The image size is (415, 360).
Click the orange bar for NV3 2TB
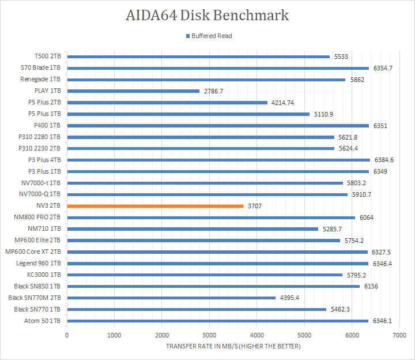155,206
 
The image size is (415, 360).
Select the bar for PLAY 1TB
133,91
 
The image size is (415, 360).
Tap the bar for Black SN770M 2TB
171,298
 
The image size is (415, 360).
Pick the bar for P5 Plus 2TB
167,102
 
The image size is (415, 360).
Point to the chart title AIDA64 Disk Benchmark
207,15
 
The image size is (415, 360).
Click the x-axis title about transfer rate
233,346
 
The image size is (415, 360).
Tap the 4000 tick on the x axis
257,335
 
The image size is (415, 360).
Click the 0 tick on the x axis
67,335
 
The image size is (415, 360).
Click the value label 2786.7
213,91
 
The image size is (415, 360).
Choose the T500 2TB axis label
48,57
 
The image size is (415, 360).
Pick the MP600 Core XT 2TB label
33,252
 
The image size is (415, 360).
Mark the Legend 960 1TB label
38,263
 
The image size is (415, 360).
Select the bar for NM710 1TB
193,229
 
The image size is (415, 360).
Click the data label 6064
367,217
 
